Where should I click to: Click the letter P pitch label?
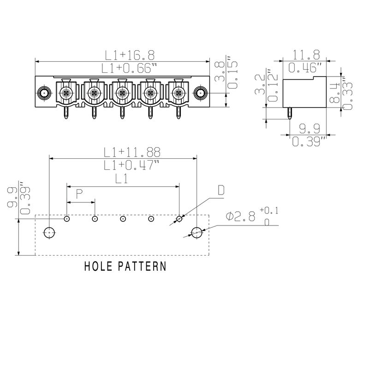(x=79, y=194)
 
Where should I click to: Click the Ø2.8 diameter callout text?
(x=241, y=216)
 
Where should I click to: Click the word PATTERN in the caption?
(x=143, y=267)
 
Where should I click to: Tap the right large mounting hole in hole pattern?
(x=197, y=232)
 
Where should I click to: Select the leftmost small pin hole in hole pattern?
(x=67, y=219)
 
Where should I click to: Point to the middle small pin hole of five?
(x=123, y=219)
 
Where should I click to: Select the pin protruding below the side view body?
(x=289, y=113)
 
